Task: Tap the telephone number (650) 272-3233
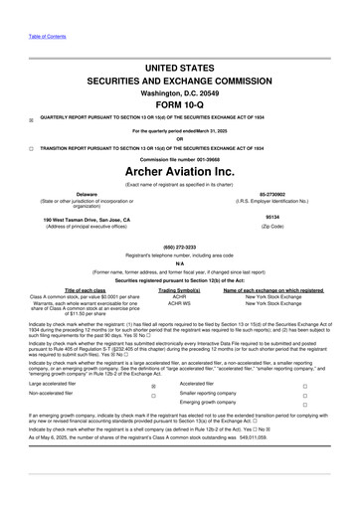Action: [x=180, y=248]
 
